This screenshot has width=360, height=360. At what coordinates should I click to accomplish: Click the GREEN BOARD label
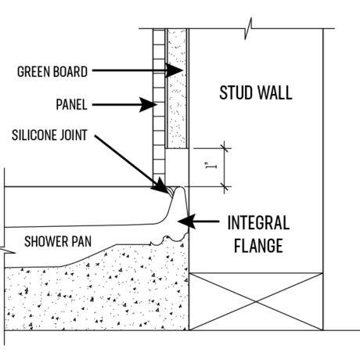tap(52, 72)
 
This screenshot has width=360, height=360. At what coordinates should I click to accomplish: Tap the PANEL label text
tap(71, 105)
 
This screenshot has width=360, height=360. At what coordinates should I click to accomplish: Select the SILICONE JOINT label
tap(49, 135)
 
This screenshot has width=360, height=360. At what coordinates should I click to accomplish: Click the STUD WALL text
tap(256, 92)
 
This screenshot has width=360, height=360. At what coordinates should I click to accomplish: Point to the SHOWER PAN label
tap(58, 241)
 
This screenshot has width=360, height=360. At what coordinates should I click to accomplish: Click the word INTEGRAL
tap(258, 223)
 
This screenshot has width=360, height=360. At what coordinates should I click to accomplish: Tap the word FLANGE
tap(258, 246)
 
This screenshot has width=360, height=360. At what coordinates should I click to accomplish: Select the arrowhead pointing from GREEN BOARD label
tap(174, 70)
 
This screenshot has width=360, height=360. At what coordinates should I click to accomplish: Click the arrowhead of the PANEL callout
tap(148, 105)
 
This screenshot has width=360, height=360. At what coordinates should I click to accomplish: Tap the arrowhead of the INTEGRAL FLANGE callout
tap(187, 221)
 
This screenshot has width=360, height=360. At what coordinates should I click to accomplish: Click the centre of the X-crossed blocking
tap(256, 301)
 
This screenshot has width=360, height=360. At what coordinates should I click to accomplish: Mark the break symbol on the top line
tap(248, 28)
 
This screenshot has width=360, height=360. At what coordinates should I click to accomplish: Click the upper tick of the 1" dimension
tap(225, 149)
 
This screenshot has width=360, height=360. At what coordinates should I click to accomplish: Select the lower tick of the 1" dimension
tap(225, 187)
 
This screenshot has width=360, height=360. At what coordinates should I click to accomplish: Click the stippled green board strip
tap(177, 88)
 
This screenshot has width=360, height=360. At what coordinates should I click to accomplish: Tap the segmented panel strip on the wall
tap(159, 107)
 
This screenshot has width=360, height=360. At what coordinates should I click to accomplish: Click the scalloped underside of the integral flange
tap(169, 239)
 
